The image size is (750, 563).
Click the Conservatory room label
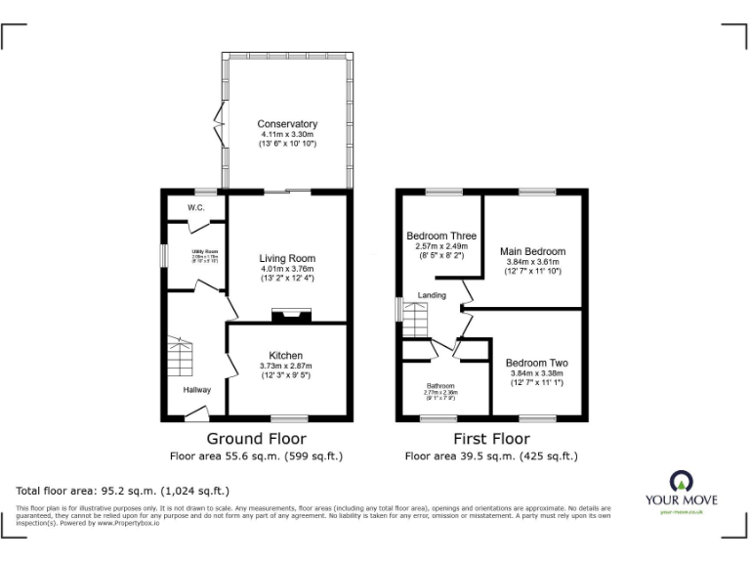coord(287,124)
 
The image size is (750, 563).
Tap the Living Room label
coord(287,258)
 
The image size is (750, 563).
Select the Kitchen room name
coord(286,355)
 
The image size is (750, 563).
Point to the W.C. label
coord(196,207)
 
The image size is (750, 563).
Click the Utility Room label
coord(204,251)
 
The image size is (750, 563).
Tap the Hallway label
coord(198,390)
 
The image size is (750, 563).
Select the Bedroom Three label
coord(441,236)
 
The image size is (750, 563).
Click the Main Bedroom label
coord(534,251)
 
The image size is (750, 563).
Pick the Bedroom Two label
coord(537,363)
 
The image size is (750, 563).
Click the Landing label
coord(432,295)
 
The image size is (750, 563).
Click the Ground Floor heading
coord(257,439)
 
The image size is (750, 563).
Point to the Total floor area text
coord(123,491)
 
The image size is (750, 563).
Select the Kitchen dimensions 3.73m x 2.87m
coord(286,366)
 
